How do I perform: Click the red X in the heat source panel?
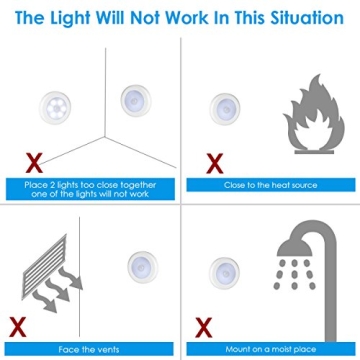212,161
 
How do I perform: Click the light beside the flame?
225,102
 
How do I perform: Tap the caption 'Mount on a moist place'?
268,350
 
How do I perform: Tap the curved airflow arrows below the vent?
43,300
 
